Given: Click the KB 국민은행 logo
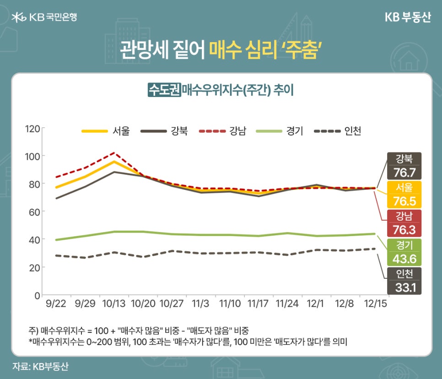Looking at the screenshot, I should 44,17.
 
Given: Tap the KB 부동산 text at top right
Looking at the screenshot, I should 407,17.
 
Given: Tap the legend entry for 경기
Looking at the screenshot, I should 280,131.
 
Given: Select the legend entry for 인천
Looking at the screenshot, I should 338,131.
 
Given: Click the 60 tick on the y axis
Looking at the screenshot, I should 34,211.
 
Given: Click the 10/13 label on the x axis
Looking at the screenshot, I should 113,303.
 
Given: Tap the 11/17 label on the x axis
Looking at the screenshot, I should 259,303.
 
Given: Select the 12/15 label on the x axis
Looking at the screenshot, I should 374,303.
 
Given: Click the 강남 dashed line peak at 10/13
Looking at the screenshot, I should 113,153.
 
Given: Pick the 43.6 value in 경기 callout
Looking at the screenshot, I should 404,259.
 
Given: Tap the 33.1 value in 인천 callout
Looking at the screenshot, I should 404,287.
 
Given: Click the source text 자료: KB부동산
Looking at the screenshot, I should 41,366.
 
